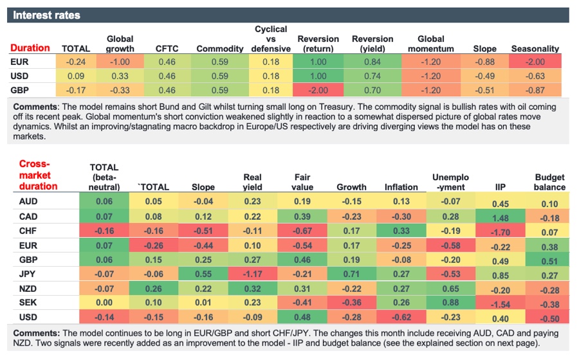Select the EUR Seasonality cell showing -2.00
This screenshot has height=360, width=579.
[x=535, y=62]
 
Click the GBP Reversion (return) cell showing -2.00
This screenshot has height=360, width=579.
[x=318, y=89]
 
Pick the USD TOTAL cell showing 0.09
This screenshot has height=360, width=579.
[x=75, y=75]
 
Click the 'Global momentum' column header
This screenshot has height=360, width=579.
[x=430, y=44]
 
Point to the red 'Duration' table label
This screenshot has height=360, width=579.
[x=30, y=48]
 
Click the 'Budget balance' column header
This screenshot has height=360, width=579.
[x=549, y=182]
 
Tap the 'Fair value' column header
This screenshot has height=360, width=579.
[x=302, y=182]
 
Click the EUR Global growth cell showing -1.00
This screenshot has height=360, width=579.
[x=120, y=62]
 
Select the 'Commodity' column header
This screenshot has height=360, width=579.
[x=220, y=48]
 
